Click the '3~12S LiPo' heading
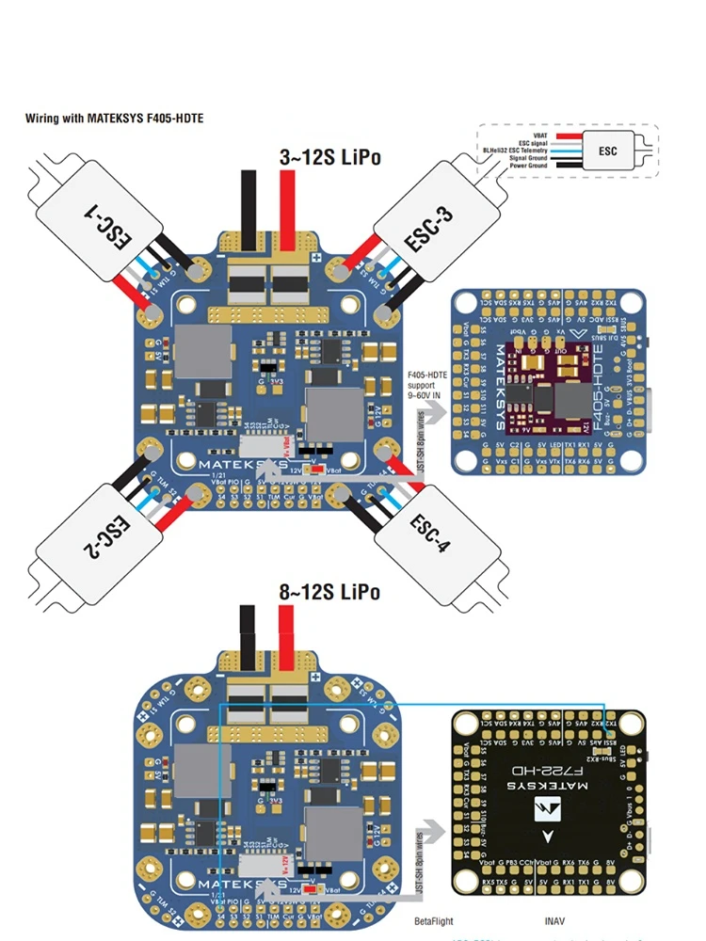330,157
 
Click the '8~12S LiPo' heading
330,592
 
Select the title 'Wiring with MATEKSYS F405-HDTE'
114,120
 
